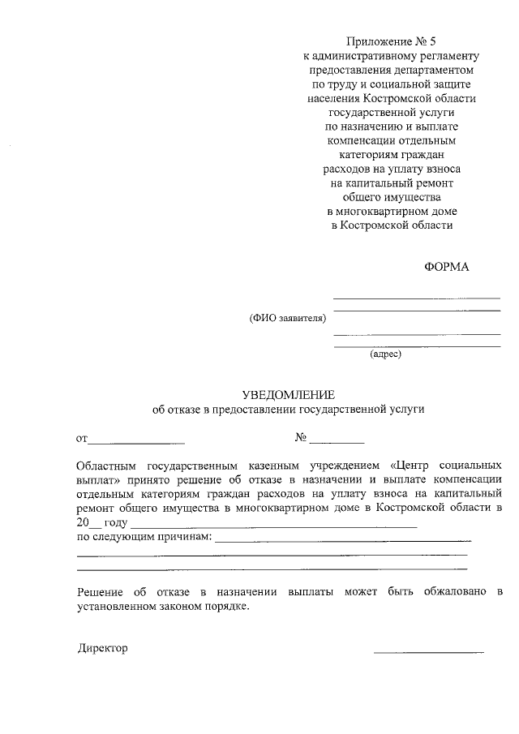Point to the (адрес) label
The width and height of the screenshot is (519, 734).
point(385,354)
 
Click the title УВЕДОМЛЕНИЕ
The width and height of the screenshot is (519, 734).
point(288,393)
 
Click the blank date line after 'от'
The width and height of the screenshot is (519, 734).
point(136,441)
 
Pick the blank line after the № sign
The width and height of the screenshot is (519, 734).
point(337,441)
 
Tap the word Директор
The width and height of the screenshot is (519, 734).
point(103,649)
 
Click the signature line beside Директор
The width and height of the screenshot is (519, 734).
point(428,650)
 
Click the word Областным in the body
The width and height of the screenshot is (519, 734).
point(105,466)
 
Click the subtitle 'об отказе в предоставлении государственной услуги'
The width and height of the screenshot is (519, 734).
point(288,410)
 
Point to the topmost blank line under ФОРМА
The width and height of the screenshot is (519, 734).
point(417,298)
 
